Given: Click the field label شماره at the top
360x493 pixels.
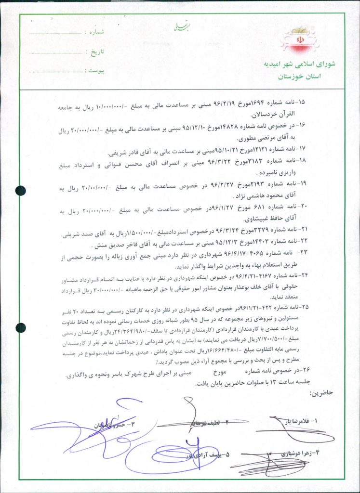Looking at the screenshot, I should (95, 32).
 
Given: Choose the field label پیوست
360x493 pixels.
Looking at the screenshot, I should (95, 70).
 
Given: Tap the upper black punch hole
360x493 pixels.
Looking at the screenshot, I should (20, 191).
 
